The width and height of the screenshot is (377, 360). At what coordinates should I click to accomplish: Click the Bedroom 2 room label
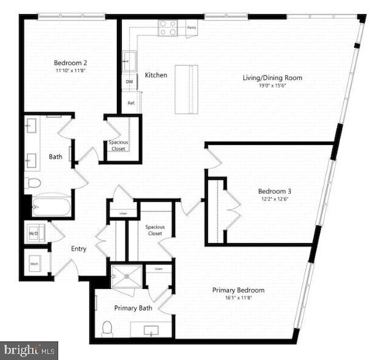(x=70, y=62)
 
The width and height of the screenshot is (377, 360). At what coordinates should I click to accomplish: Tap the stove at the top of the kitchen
(x=168, y=28)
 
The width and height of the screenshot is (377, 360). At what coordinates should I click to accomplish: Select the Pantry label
(x=192, y=28)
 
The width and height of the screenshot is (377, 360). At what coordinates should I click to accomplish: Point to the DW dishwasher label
(x=129, y=81)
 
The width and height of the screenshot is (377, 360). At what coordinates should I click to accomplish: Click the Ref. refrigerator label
(x=130, y=103)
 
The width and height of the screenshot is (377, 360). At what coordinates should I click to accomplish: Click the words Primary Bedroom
(x=238, y=290)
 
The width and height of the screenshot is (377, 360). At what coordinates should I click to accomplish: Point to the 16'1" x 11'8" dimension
(x=238, y=298)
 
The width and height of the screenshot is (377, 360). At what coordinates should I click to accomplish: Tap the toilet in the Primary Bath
(x=108, y=329)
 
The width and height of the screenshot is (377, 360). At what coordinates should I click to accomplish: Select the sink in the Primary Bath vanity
(x=152, y=331)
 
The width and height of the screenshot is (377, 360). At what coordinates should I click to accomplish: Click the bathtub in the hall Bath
(x=49, y=207)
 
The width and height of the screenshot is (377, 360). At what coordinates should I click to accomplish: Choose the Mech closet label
(x=34, y=264)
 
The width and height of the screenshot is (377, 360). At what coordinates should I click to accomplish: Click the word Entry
(x=78, y=249)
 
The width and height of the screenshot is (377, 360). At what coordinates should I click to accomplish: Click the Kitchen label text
(x=156, y=75)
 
